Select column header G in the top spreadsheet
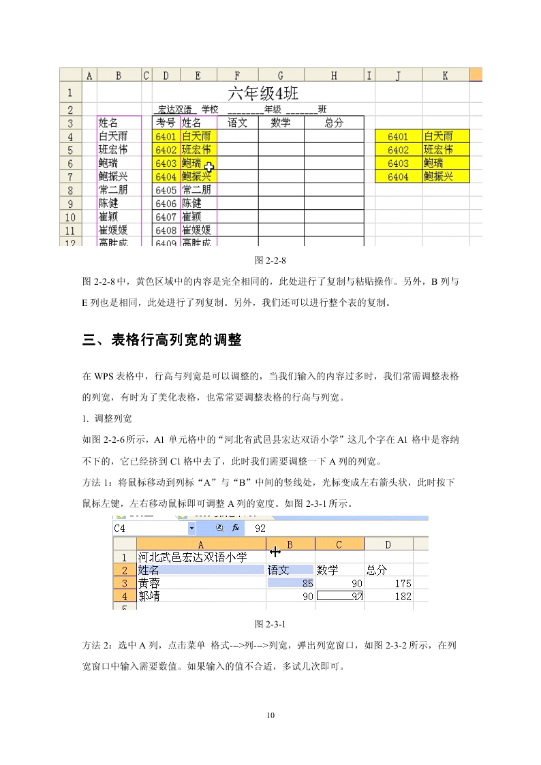281,76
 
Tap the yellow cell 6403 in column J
398,163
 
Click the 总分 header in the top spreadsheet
334,123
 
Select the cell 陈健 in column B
109,203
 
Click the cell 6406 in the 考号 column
166,203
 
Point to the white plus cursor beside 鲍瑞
208,167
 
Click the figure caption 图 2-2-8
270,260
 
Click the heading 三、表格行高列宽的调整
162,340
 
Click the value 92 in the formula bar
260,528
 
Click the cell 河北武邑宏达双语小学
192,557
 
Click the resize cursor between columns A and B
275,551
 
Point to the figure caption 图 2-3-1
270,624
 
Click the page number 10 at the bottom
270,715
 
